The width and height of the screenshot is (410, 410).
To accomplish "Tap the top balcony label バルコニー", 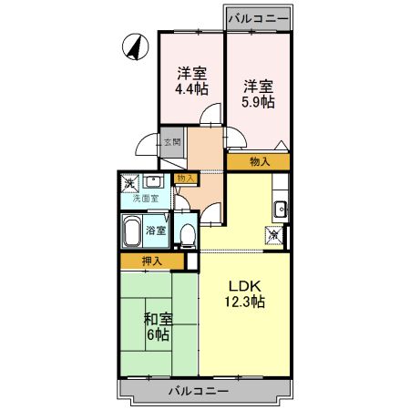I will [259, 17].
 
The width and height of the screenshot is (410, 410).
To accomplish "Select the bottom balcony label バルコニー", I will [198, 392].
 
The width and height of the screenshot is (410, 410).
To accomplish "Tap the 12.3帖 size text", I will [244, 302].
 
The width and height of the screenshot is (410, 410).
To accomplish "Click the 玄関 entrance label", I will [172, 141].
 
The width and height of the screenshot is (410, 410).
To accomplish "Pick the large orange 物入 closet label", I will [259, 162].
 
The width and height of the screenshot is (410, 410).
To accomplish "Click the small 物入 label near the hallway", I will [185, 178].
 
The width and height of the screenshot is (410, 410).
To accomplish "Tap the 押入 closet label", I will [151, 261].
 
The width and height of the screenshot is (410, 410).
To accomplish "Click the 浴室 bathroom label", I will [156, 231].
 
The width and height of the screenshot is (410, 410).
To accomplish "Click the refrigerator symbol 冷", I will [273, 234].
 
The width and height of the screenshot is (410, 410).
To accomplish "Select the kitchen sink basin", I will [281, 209].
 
